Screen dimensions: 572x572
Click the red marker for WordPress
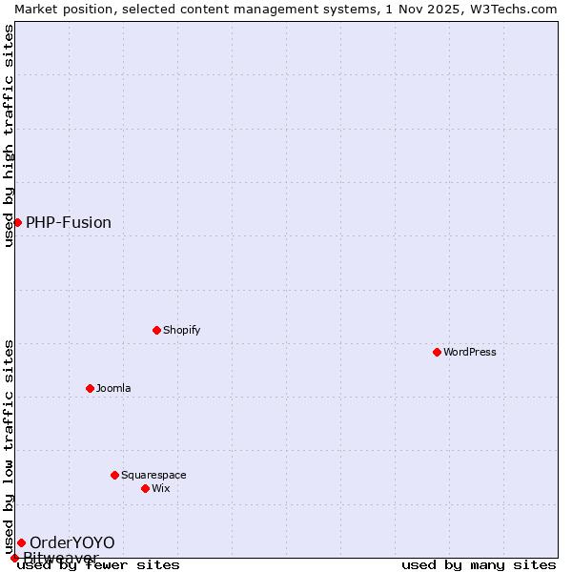(x=438, y=352)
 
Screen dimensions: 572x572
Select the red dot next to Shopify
(x=157, y=330)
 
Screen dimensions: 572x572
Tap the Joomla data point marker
(x=91, y=388)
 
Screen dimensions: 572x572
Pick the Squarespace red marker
(x=115, y=475)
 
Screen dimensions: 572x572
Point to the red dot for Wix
(x=146, y=488)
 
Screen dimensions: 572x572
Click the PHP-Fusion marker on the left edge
(x=17, y=222)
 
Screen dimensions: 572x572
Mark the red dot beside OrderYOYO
(x=21, y=542)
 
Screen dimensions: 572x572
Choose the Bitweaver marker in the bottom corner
(x=14, y=558)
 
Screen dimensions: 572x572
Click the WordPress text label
(x=470, y=352)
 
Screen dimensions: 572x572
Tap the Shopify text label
(x=181, y=330)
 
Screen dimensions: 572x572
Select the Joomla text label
(x=113, y=388)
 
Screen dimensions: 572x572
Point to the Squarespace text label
(x=153, y=475)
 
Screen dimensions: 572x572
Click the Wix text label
(x=161, y=488)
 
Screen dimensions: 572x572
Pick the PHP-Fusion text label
(x=69, y=222)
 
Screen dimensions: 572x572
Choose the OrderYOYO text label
(x=71, y=542)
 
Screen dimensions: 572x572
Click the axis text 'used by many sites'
(x=479, y=565)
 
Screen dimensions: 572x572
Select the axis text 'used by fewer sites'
(x=98, y=565)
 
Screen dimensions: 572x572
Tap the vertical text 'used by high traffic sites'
(x=9, y=135)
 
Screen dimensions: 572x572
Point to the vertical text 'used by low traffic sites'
(x=9, y=446)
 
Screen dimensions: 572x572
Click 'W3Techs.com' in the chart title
(x=519, y=9)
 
